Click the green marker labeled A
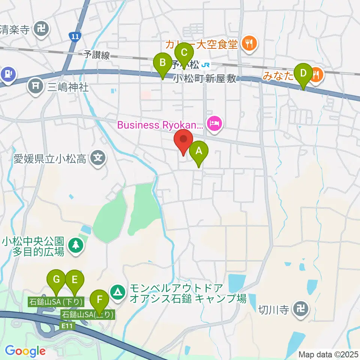click(x=199, y=152)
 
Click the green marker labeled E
click(x=74, y=279)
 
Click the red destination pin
click(x=183, y=139)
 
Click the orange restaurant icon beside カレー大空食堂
click(x=249, y=44)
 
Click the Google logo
click(x=25, y=351)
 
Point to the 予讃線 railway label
click(x=97, y=55)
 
